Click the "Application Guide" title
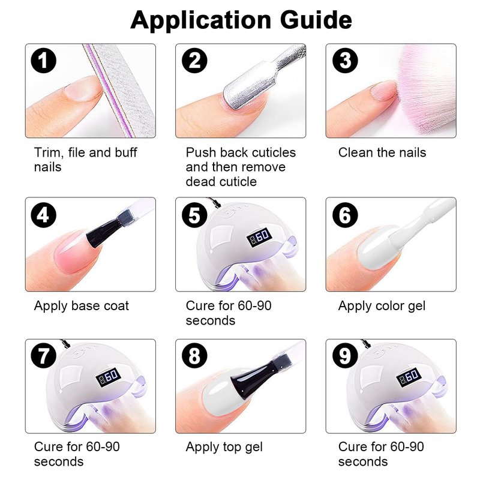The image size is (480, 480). point(241,20)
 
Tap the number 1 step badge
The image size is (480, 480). point(43,61)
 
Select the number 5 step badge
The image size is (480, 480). point(194,215)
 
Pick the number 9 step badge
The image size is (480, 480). point(345,356)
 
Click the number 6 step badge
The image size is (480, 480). point(345,215)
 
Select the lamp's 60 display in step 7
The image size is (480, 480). point(109,377)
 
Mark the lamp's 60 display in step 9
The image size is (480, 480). point(409,377)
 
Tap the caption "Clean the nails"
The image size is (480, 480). point(382,152)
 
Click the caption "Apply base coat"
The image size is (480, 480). point(82,306)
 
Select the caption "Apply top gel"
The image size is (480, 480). point(224,447)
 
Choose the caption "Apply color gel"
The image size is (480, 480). point(382,306)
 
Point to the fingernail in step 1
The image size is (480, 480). point(83,89)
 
